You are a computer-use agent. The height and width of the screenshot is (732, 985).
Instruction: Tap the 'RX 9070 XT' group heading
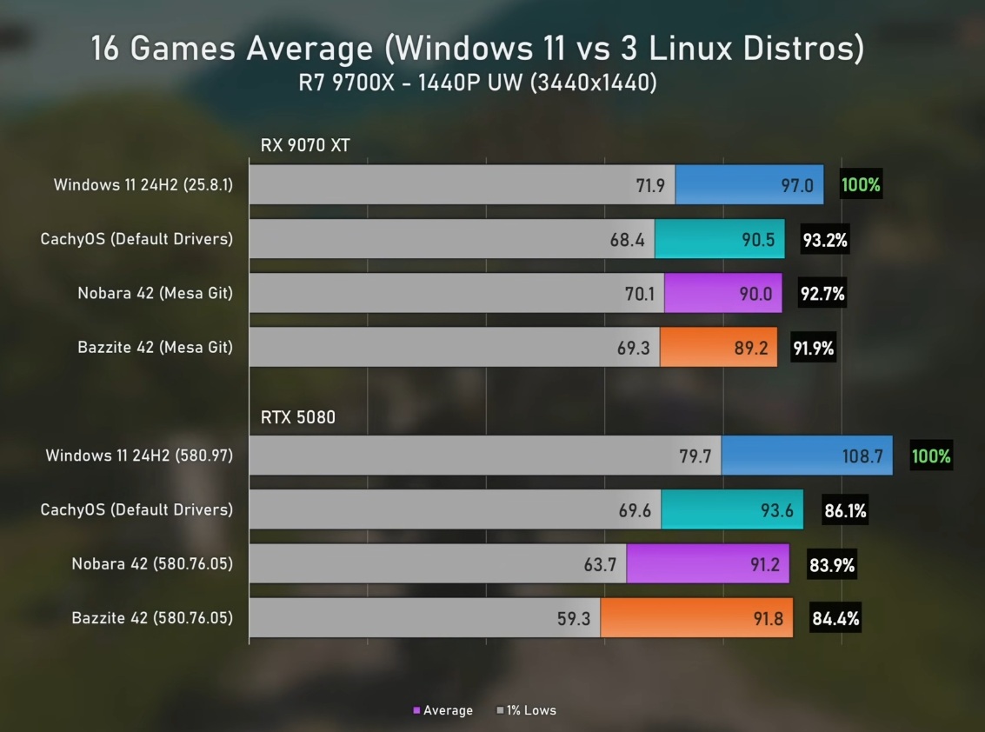[305, 145]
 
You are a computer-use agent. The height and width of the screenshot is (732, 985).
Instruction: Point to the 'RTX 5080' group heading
[298, 418]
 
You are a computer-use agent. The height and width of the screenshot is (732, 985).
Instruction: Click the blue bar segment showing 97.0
[749, 185]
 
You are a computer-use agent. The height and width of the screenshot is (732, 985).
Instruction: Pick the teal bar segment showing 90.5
[719, 239]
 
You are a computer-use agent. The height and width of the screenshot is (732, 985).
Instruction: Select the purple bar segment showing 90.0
[722, 294]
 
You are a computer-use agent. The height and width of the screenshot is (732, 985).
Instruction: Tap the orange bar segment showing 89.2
[718, 348]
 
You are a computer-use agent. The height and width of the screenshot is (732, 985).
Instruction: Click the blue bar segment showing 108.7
[806, 456]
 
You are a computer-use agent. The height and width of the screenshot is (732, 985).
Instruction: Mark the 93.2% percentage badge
[825, 240]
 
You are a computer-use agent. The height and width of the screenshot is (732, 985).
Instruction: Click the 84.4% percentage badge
[835, 619]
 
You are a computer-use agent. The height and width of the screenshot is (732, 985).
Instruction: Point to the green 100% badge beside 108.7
[931, 456]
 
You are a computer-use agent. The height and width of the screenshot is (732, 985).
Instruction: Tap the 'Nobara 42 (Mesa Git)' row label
[155, 294]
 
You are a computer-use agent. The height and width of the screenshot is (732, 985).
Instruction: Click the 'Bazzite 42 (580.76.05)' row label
[152, 619]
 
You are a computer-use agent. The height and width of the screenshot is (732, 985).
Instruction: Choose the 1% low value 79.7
[695, 456]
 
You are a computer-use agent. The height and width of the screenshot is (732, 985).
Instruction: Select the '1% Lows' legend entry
[526, 710]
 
